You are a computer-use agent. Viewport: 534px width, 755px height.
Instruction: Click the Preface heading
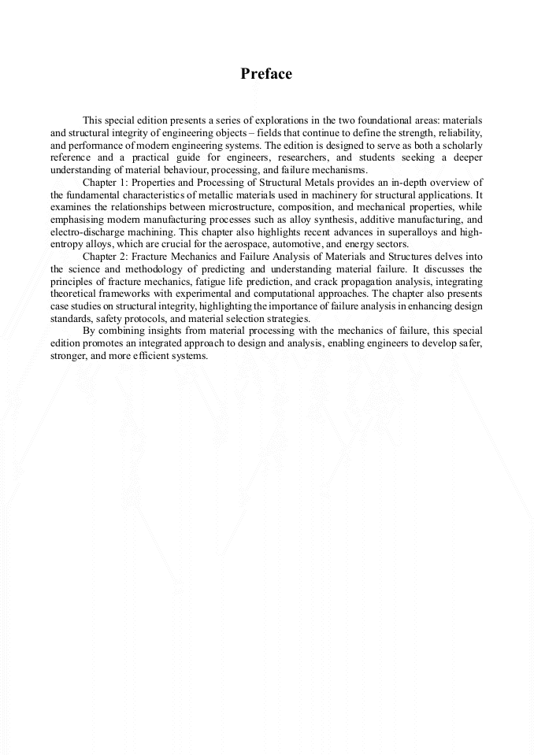(x=266, y=74)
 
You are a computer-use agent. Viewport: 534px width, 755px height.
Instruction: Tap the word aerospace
(x=253, y=245)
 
